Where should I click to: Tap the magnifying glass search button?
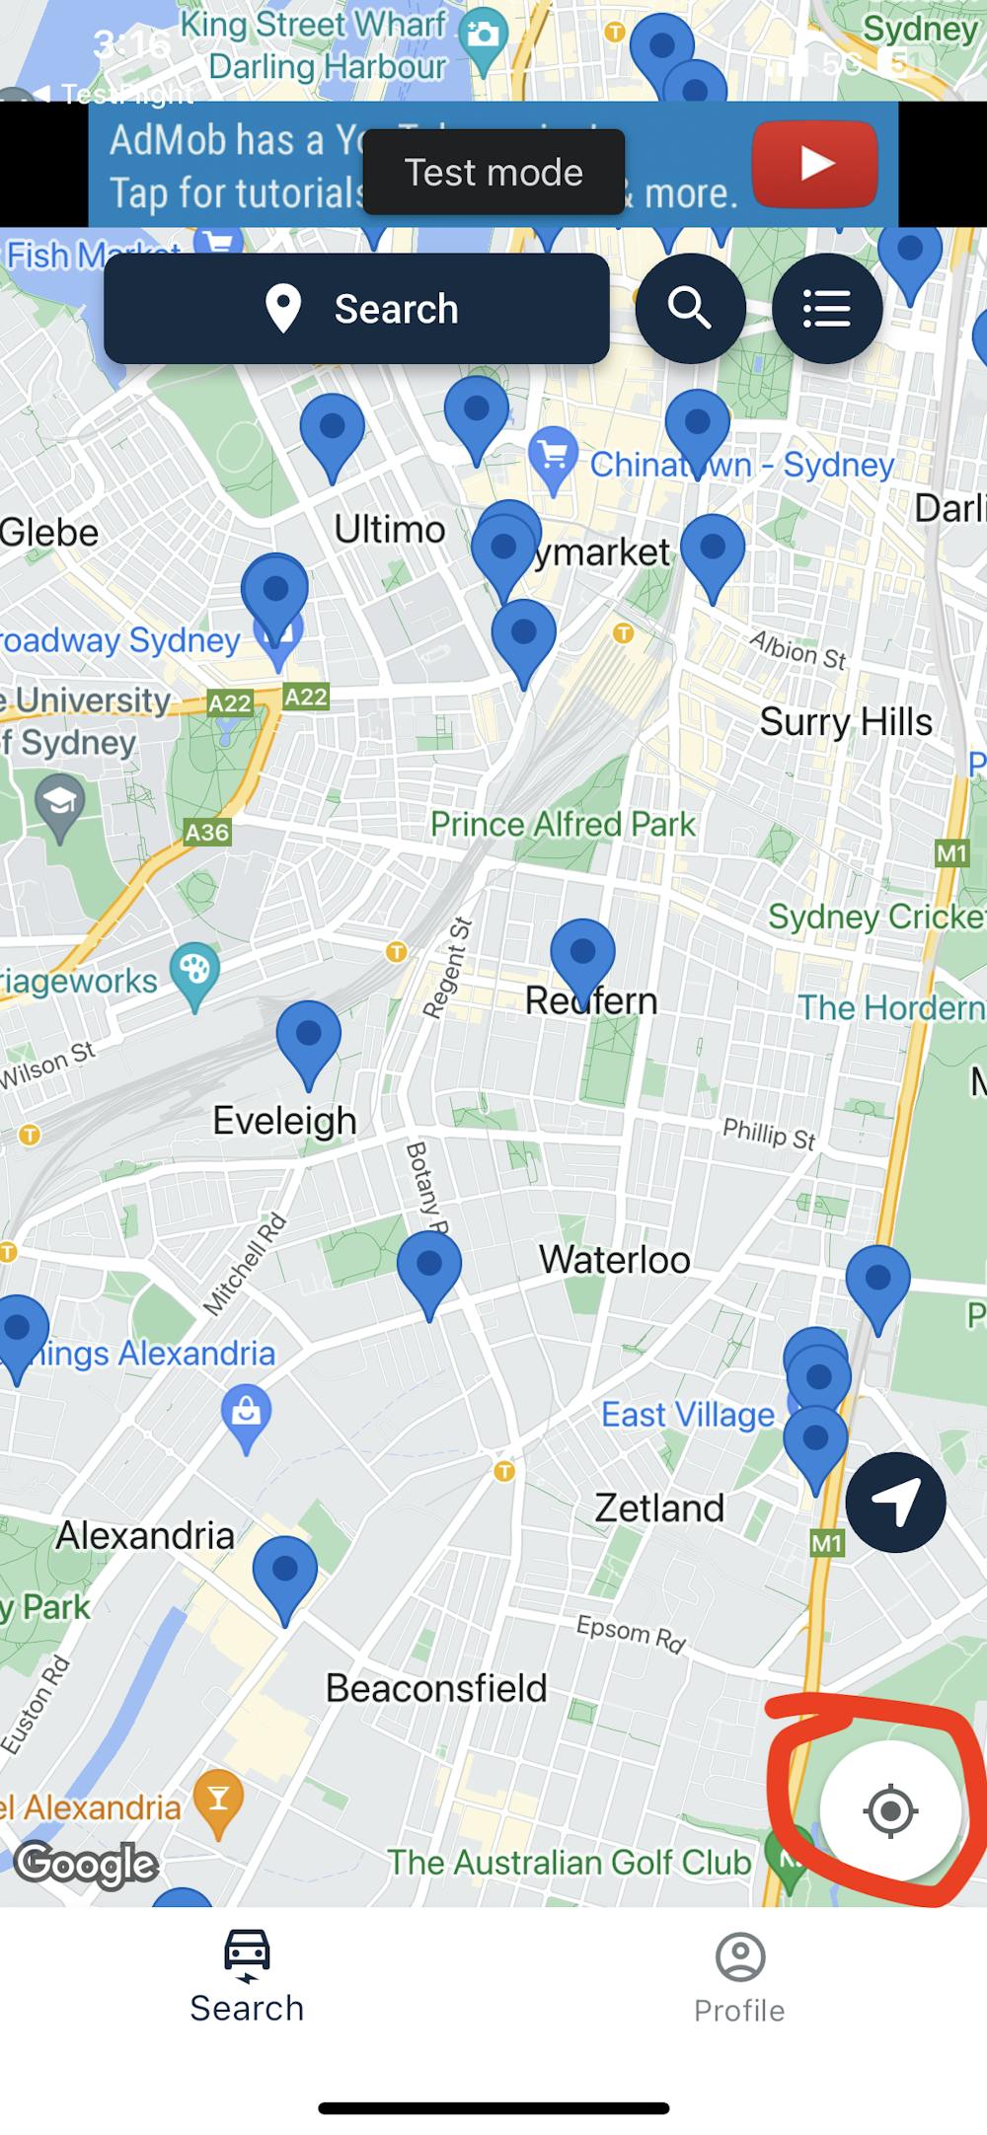690,309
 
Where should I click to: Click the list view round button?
826,309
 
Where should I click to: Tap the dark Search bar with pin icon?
356,309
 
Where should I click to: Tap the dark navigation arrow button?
895,1502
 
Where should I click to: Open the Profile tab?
739,1978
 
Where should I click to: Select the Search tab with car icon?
247,1978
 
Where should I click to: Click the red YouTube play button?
814,164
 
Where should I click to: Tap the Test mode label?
493,173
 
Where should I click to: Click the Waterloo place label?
614,1260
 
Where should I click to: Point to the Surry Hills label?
846,722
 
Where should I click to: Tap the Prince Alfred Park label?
563,824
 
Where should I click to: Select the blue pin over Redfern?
582,955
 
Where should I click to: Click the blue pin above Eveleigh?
308,1036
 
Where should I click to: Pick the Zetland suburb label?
659,1508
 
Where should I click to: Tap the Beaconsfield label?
436,1688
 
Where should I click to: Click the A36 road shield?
207,832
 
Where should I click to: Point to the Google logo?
87,1864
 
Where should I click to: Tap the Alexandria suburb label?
145,1535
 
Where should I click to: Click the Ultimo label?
390,530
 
